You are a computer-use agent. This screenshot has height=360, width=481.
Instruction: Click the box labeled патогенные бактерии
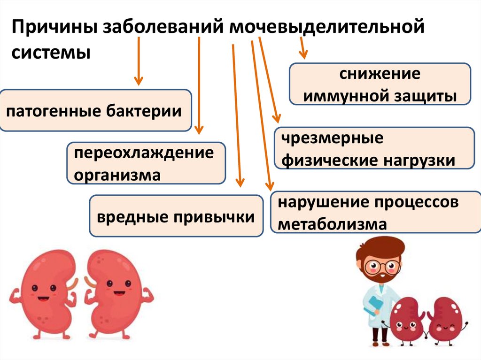(x=95, y=111)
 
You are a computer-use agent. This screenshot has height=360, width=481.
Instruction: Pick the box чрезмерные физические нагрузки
(x=374, y=148)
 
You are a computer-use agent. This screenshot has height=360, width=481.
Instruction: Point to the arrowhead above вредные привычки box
(x=240, y=181)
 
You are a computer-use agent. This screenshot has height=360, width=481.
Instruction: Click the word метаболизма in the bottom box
(x=333, y=224)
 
